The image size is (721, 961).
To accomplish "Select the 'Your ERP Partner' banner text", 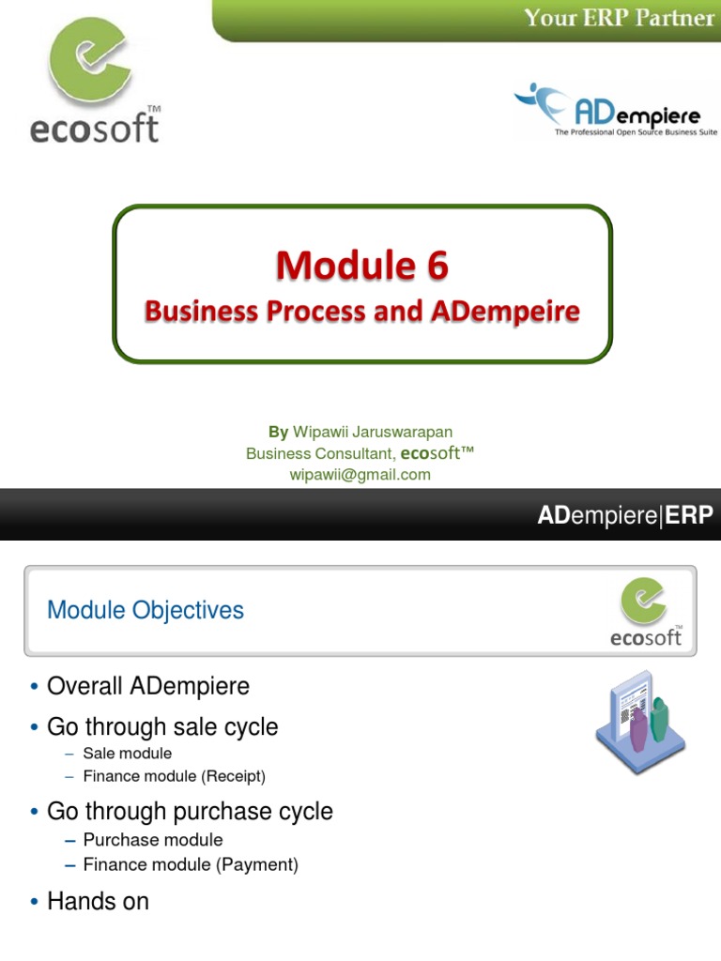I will click(618, 18).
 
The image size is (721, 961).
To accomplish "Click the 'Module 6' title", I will click(361, 267).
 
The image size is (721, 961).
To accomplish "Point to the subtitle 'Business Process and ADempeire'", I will click(361, 312).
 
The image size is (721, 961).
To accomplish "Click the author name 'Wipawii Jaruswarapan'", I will click(373, 432).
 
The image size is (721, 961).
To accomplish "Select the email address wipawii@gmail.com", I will click(360, 475).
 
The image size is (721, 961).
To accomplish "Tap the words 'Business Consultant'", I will click(319, 454).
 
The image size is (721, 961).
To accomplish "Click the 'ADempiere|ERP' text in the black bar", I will click(624, 515).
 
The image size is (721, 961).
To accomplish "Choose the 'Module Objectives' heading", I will click(146, 610).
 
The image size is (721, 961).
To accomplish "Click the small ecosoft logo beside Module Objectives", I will click(647, 612).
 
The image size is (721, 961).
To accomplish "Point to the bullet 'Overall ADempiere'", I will click(148, 686).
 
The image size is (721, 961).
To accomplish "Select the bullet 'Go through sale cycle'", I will click(162, 727).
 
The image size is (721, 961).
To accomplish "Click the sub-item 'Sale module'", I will click(127, 754).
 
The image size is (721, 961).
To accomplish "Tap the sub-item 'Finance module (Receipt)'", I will click(174, 776).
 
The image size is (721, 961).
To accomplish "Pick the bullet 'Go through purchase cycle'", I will click(190, 812).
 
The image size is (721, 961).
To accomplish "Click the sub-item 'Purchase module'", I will click(152, 840).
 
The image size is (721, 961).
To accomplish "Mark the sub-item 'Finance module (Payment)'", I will click(190, 864).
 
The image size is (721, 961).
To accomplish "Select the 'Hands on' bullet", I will click(98, 902).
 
